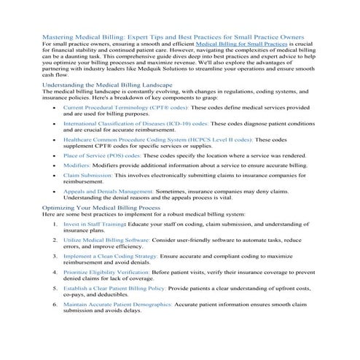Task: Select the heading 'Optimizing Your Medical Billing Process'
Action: click(x=101, y=208)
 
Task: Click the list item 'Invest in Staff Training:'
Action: click(x=95, y=225)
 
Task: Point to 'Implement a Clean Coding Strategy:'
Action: click(x=115, y=257)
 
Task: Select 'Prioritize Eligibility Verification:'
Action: click(x=115, y=274)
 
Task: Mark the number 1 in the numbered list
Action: click(x=55, y=225)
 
